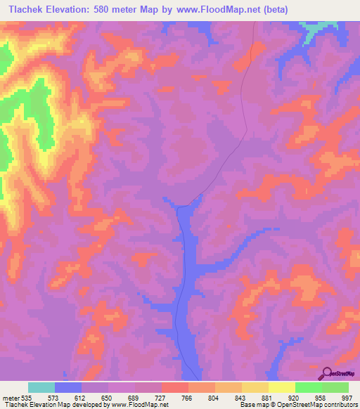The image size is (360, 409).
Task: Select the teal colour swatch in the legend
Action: [41, 387]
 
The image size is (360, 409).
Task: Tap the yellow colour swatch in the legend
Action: [281, 387]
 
